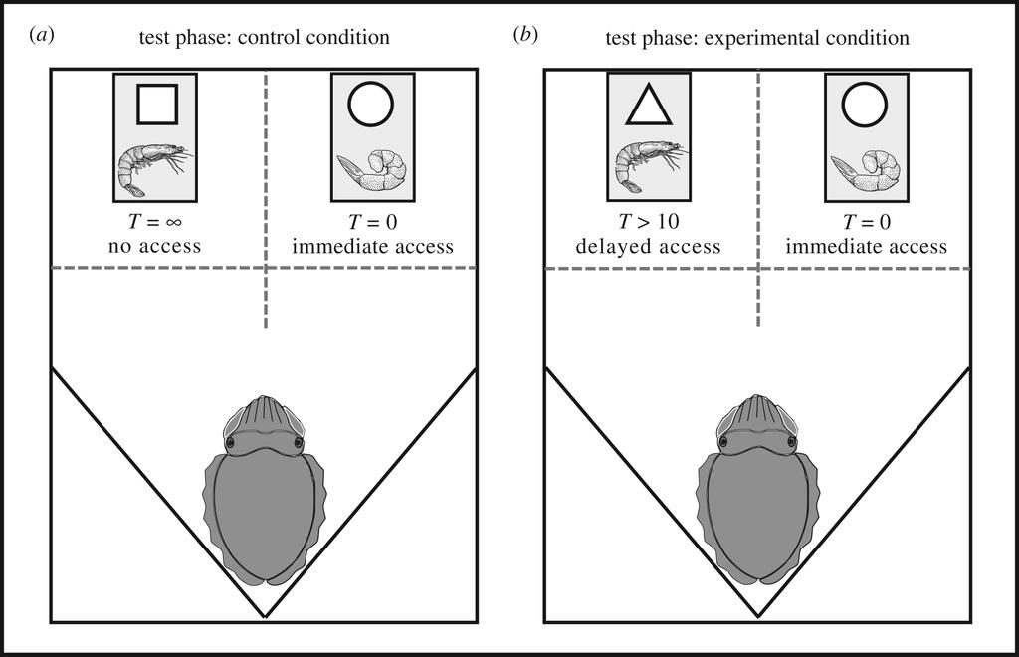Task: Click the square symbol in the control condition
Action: point(157,104)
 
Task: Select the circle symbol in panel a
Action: point(371,104)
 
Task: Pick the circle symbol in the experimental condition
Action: point(865,104)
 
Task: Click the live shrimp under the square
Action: point(154,166)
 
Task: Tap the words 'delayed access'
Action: point(648,246)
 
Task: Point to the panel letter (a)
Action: point(42,36)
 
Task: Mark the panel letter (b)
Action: point(524,36)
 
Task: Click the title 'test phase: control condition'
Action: point(265,38)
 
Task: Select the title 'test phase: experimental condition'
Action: point(757,38)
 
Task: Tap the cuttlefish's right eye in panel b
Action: point(791,441)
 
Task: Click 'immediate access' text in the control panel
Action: point(373,246)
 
